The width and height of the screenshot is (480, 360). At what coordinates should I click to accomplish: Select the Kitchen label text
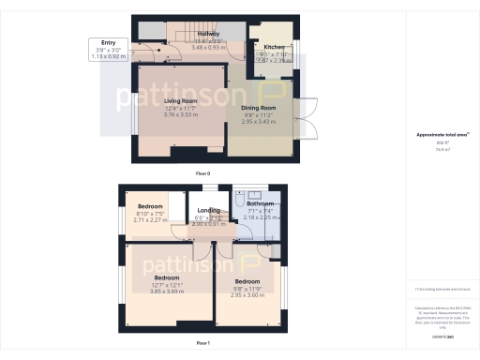pyautogui.click(x=273, y=46)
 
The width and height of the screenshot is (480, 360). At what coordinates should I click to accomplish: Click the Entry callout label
pyautogui.click(x=109, y=42)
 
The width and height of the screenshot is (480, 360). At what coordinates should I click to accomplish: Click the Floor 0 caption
pyautogui.click(x=202, y=174)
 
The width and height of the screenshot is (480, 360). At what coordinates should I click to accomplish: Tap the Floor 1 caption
pyautogui.click(x=202, y=344)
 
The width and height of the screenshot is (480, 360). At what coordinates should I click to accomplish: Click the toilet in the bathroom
pyautogui.click(x=241, y=201)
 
